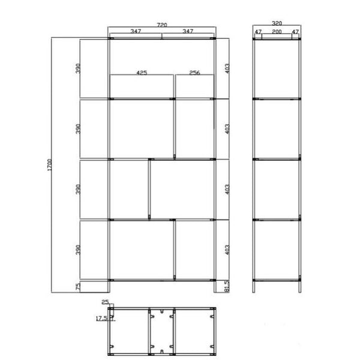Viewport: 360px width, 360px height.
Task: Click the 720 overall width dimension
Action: point(161,25)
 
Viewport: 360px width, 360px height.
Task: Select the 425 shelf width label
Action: point(142,73)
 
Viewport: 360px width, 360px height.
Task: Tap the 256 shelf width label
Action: point(194,73)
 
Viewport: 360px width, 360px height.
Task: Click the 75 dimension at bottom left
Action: point(77,287)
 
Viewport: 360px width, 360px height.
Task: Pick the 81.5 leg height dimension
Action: point(226,286)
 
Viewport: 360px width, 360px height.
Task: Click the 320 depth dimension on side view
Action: point(276,25)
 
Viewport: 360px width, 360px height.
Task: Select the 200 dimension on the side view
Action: point(276,32)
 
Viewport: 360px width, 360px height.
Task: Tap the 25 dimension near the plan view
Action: point(105,303)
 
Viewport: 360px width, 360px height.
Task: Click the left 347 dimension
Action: point(136,32)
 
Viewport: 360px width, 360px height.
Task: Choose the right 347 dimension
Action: point(188,32)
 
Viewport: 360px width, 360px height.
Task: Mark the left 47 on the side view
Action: point(258,32)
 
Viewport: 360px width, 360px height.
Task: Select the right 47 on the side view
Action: point(295,32)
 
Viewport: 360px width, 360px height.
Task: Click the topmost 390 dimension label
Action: point(77,68)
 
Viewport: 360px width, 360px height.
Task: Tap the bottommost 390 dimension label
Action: point(77,250)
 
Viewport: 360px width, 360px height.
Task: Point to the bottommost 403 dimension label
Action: point(226,250)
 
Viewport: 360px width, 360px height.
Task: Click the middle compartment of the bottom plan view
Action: point(161,331)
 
